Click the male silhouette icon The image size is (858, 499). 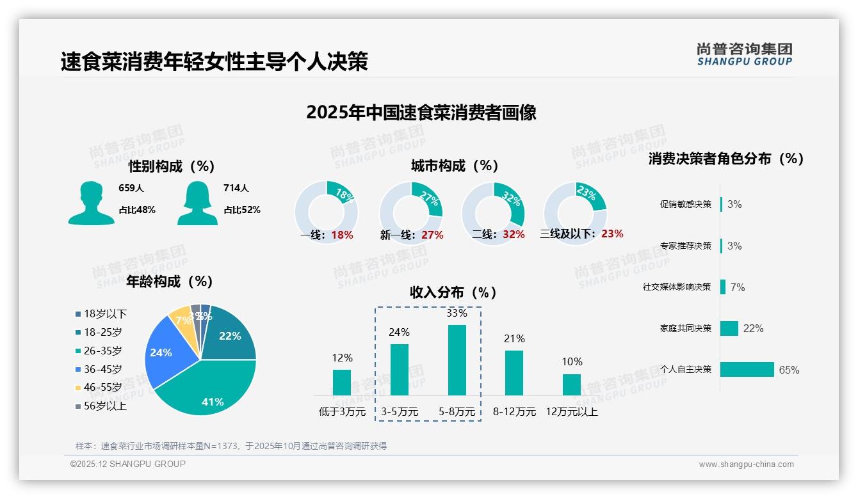pyautogui.click(x=91, y=203)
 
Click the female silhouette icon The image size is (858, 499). pyautogui.click(x=197, y=203)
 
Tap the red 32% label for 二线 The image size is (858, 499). pyautogui.click(x=514, y=235)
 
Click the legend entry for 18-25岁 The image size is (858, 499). pyautogui.click(x=102, y=332)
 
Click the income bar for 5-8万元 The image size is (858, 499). pyautogui.click(x=457, y=360)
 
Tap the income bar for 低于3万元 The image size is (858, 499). pyautogui.click(x=342, y=383)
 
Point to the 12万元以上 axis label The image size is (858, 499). pyautogui.click(x=571, y=412)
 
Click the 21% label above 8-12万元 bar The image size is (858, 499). pyautogui.click(x=514, y=338)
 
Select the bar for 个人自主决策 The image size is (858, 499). pyautogui.click(x=747, y=370)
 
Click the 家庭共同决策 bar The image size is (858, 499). pyautogui.click(x=729, y=328)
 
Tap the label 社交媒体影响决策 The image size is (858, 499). pyautogui.click(x=677, y=287)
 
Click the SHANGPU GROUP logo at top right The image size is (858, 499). pyautogui.click(x=744, y=54)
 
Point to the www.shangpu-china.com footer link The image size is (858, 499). pyautogui.click(x=746, y=464)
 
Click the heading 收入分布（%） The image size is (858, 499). pyautogui.click(x=453, y=293)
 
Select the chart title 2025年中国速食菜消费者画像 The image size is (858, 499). pyautogui.click(x=421, y=113)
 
